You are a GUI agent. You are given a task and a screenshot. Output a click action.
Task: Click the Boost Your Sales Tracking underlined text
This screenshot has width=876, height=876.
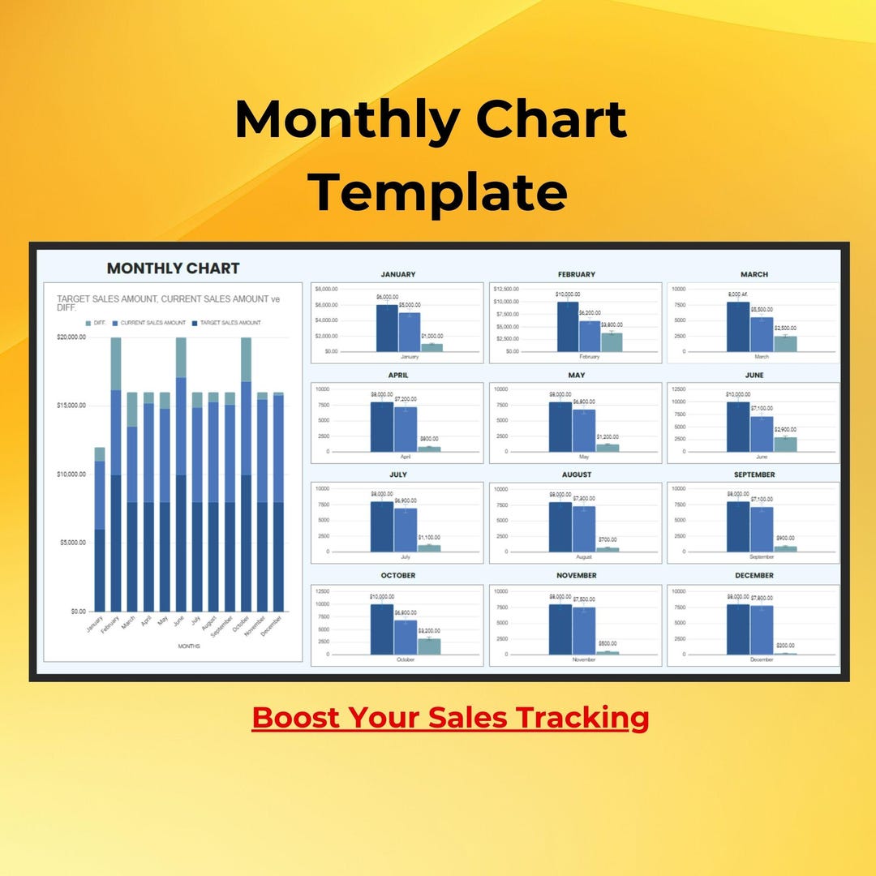[x=450, y=718]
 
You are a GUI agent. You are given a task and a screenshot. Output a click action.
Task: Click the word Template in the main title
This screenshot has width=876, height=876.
[x=439, y=192]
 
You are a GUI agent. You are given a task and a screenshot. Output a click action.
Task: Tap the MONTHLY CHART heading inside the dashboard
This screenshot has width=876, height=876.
[x=174, y=268]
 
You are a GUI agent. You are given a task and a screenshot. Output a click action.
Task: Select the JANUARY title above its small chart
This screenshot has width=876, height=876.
[x=398, y=274]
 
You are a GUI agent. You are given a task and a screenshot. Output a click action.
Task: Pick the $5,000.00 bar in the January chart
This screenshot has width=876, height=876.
[x=410, y=332]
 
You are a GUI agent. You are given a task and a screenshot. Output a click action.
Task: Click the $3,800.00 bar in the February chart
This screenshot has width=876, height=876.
[x=612, y=341]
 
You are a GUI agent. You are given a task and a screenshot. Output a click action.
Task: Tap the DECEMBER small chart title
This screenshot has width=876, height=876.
[x=754, y=575]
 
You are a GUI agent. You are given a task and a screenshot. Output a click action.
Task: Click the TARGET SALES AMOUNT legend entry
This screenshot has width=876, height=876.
[x=230, y=323]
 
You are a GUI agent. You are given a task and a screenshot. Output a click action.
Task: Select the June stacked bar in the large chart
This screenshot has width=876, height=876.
[x=181, y=474]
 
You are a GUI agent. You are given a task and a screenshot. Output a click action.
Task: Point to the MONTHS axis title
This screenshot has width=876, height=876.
[x=190, y=646]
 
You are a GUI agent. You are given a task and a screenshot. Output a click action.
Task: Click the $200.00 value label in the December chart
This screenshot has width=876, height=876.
[x=785, y=645]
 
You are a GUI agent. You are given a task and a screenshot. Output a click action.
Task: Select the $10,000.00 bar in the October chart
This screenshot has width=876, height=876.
[x=382, y=629]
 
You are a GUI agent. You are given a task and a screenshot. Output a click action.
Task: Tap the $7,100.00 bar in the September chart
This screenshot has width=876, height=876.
[x=762, y=529]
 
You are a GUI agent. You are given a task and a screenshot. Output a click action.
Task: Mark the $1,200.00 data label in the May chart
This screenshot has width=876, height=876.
[x=608, y=437]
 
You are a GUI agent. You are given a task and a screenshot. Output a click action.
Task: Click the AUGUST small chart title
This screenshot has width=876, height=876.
[x=577, y=474]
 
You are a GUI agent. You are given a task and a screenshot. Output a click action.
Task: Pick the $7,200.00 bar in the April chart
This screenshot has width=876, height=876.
[x=406, y=429]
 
